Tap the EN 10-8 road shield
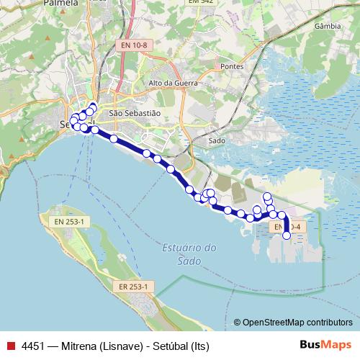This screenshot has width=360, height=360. (135, 45)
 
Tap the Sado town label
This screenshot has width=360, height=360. (217, 141)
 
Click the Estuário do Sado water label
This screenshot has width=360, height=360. (189, 254)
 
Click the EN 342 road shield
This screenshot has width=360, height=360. (201, 2)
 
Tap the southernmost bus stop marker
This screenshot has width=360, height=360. (287, 235)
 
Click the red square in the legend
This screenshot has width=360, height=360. (10, 344)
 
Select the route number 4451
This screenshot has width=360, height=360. (32, 344)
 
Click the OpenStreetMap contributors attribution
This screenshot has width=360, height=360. (297, 322)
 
